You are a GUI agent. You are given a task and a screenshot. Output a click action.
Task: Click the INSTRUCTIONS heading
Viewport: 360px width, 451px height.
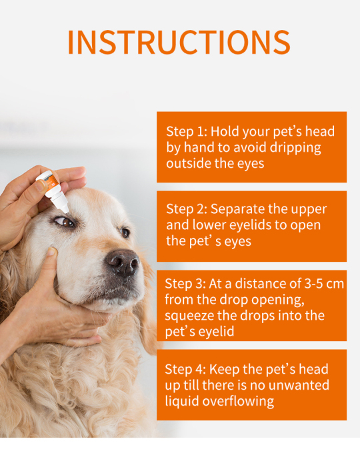179,42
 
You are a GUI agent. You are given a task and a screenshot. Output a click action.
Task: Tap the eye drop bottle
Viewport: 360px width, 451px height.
53,191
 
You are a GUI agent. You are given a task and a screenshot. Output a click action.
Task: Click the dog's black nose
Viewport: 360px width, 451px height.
123,262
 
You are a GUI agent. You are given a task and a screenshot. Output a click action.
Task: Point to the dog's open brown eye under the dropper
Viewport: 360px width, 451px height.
65,222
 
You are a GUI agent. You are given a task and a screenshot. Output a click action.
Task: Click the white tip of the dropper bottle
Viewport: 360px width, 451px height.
65,209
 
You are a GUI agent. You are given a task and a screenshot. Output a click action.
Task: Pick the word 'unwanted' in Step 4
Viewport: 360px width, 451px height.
298,386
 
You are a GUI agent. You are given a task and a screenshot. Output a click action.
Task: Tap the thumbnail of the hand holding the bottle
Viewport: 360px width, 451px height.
41,185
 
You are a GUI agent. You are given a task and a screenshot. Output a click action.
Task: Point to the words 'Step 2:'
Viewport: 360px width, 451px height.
187,209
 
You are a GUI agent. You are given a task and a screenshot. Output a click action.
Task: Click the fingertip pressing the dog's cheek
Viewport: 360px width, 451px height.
52,251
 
